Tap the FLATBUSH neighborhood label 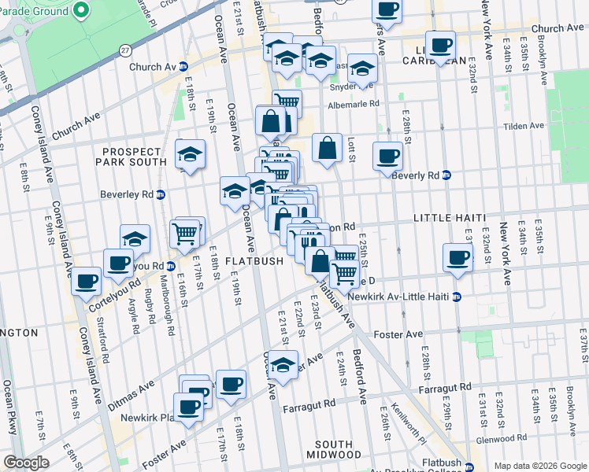click(x=254, y=261)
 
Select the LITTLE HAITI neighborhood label click(x=446, y=217)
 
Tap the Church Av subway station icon click(x=183, y=67)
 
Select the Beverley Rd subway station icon click(x=161, y=194)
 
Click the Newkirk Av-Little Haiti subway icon click(x=457, y=297)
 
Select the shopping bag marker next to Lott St click(x=327, y=147)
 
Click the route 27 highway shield click(x=125, y=50)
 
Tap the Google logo click(x=27, y=463)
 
